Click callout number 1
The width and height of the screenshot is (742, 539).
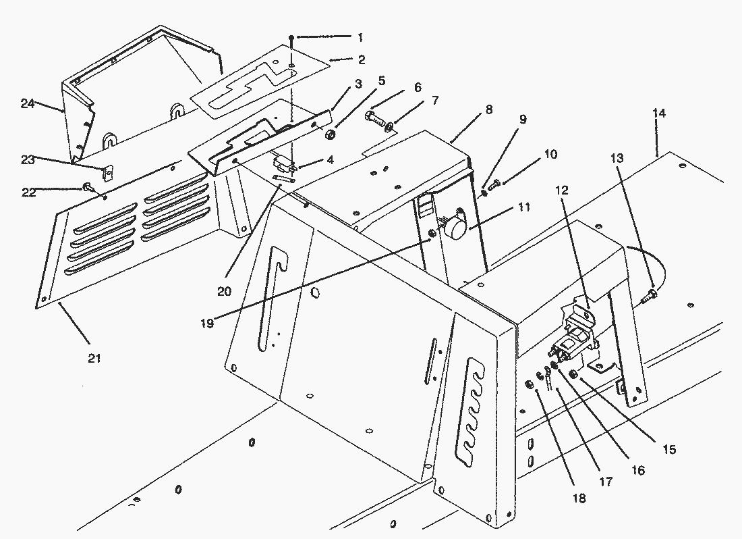(360, 36)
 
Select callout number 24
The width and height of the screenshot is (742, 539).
(27, 103)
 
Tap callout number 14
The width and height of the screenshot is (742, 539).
(659, 113)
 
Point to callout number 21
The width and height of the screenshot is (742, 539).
(94, 358)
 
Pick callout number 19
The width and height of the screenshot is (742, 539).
(207, 324)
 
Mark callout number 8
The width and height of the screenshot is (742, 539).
(488, 108)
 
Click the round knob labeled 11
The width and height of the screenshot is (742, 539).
(456, 228)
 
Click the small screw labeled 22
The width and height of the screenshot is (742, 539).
(88, 186)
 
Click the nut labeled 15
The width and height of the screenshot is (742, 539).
(574, 375)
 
